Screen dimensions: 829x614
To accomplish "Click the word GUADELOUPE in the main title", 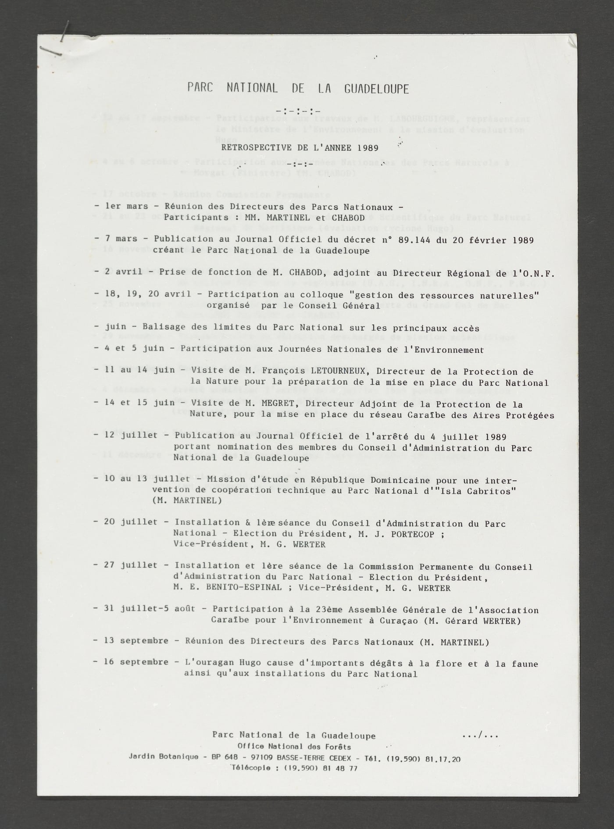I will point(376,89).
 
